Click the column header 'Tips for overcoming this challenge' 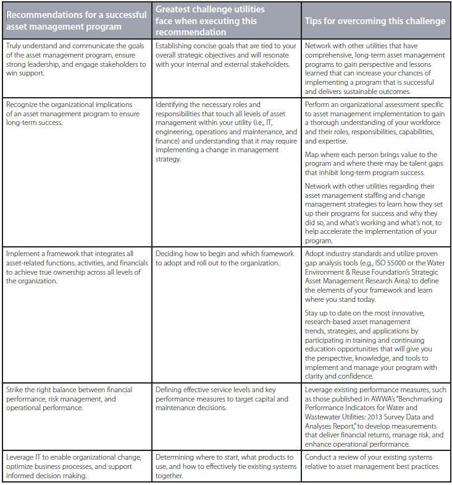pos(375,21)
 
